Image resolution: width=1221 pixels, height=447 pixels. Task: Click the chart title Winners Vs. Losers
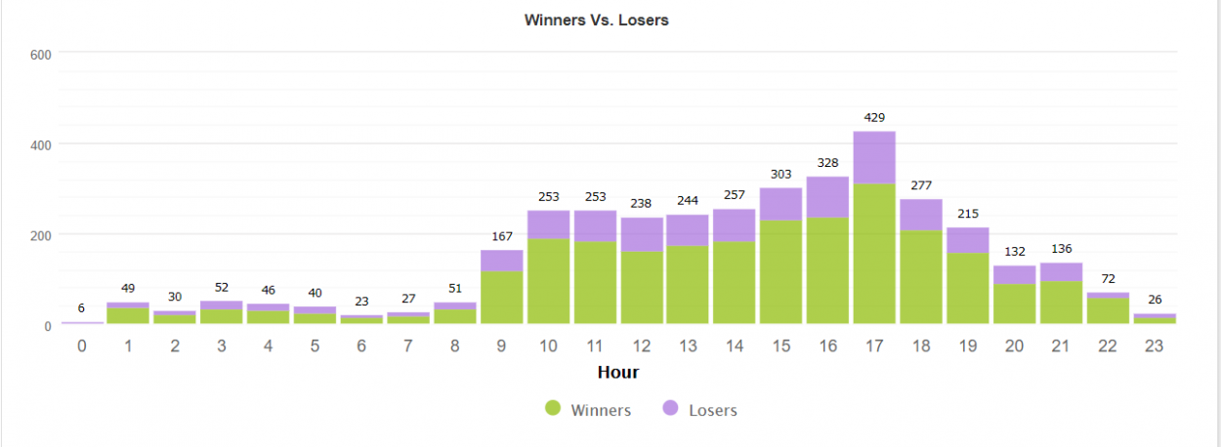(x=596, y=20)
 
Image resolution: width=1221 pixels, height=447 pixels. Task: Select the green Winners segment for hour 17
(x=874, y=254)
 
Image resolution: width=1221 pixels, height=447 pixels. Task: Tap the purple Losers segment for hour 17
(x=874, y=158)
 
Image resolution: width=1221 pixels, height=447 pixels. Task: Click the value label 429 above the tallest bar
(x=874, y=117)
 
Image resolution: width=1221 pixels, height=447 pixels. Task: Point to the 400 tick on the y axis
(x=41, y=145)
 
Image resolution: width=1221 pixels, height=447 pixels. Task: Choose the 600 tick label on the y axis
(x=41, y=55)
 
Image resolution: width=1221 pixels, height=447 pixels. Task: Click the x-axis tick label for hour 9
(x=501, y=345)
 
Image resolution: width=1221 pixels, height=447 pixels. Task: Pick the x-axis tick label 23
(x=1154, y=345)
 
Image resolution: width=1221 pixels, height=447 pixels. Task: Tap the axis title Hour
(x=618, y=373)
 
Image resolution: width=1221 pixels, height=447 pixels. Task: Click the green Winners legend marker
(x=553, y=408)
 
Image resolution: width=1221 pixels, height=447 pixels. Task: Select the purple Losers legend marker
(x=670, y=408)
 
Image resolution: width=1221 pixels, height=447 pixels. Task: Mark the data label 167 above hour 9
(x=502, y=236)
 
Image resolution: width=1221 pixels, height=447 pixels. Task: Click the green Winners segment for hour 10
(x=548, y=281)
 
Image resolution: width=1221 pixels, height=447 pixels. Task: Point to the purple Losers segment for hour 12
(x=642, y=234)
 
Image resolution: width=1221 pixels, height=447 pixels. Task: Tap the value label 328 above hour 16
(x=827, y=163)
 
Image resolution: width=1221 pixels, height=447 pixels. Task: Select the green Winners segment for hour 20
(x=1015, y=304)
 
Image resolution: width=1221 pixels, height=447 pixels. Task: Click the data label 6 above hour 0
(x=81, y=308)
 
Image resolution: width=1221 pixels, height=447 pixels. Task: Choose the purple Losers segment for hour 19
(x=968, y=240)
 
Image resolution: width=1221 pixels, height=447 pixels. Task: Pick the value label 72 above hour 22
(x=1108, y=279)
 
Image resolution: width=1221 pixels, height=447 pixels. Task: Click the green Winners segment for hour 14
(x=735, y=283)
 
